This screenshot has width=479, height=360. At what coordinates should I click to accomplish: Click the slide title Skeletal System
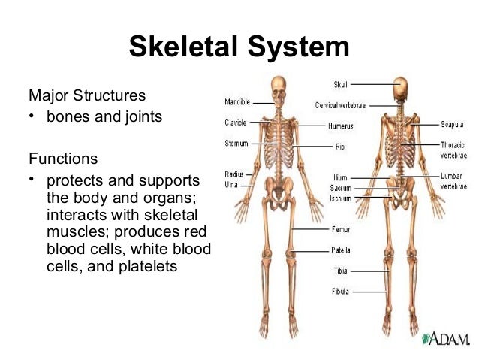pos(239,47)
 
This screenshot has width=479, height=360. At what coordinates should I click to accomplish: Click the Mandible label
pos(237,101)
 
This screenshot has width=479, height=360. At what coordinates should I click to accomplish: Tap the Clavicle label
pos(236,122)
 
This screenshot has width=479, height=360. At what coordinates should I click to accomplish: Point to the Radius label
pos(234,174)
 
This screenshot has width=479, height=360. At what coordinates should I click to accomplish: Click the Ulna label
pos(232,183)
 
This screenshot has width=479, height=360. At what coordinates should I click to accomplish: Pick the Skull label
pos(340,83)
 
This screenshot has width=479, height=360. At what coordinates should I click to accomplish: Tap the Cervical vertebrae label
pos(342,105)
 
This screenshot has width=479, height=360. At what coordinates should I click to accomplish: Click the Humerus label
pos(340,126)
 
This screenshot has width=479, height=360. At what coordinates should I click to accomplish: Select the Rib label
pos(340,147)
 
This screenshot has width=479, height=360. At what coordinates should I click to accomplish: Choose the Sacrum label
pos(340,188)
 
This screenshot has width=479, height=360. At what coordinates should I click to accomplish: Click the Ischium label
pos(340,198)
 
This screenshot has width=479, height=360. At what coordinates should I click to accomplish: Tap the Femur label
pos(341,228)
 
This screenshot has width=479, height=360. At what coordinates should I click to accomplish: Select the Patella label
pos(341,250)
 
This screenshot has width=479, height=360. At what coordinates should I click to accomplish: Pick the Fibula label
pos(341,290)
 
